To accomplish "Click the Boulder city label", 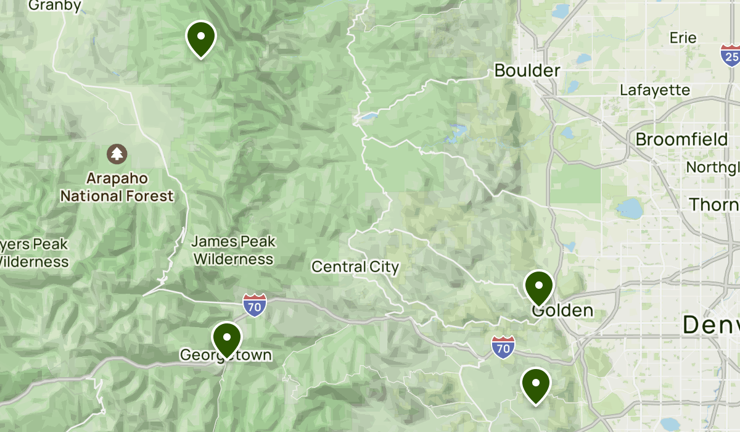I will (x=527, y=70).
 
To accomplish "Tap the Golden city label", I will (x=562, y=310).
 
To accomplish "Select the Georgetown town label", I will (x=225, y=355).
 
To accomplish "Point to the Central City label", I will (x=355, y=267).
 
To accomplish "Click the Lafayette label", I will (x=655, y=90).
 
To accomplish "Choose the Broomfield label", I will (x=681, y=139).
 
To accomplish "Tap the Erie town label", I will (x=683, y=38).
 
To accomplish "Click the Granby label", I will (x=55, y=6).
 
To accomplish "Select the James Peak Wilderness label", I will (x=234, y=250).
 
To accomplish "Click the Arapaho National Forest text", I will (x=117, y=188).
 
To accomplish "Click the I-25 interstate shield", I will (x=731, y=56).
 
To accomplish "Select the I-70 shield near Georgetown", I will (x=255, y=305).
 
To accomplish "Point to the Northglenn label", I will (x=713, y=168).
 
